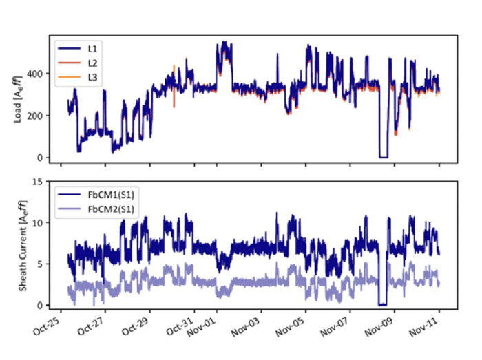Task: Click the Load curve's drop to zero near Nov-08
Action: click(384, 157)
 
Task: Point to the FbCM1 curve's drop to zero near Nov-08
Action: click(383, 304)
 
